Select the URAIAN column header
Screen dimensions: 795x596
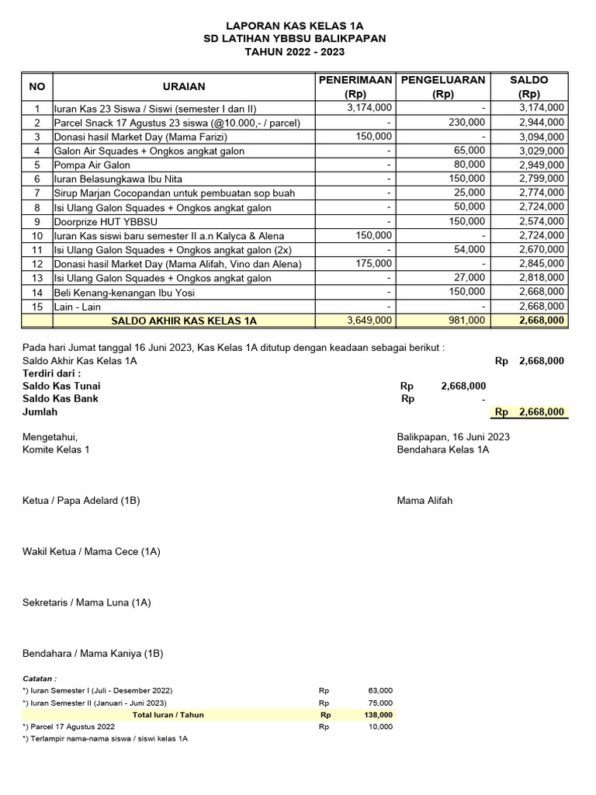[x=184, y=86]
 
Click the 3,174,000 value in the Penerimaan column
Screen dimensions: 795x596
[x=369, y=108]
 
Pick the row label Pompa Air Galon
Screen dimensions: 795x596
[x=92, y=165]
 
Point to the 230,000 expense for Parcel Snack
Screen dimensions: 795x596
[x=466, y=123]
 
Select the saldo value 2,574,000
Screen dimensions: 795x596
[x=542, y=221]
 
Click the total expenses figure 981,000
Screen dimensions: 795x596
[x=467, y=320]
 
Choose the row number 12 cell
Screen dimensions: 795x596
[x=36, y=264]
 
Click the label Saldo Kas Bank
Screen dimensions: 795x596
[x=61, y=398]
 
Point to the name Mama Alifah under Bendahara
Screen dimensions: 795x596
[x=424, y=501]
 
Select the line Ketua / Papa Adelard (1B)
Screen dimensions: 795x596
[x=81, y=501]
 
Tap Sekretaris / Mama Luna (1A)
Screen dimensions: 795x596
[x=87, y=602]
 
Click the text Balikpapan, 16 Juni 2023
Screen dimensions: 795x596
[x=453, y=437]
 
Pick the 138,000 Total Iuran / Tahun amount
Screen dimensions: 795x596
[x=379, y=715]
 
